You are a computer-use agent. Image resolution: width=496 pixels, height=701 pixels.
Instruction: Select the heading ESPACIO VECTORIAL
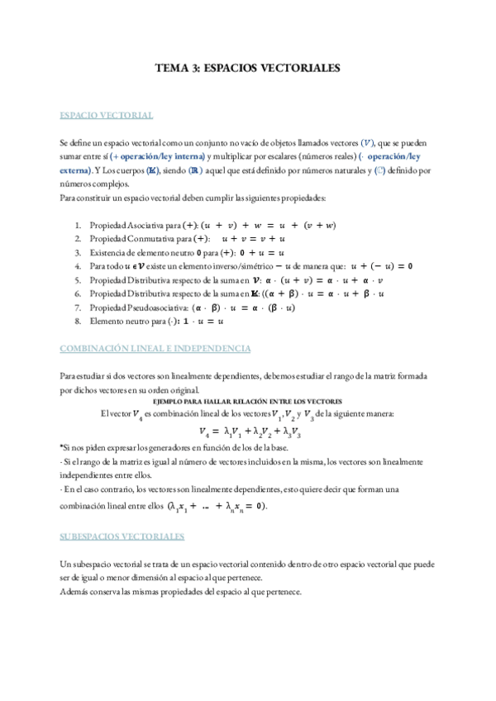click(107, 115)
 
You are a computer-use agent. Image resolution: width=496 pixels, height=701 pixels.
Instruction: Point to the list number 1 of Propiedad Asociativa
click(77, 225)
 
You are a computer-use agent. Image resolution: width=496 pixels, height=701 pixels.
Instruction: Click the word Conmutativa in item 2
click(149, 238)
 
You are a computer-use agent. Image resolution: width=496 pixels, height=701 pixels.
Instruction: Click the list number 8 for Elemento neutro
click(77, 321)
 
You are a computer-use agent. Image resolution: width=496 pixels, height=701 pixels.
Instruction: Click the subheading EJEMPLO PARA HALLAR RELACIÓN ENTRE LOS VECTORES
click(248, 400)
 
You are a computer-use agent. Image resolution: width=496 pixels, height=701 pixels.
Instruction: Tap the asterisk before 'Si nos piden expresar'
click(62, 446)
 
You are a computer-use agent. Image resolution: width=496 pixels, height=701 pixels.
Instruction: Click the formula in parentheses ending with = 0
click(217, 506)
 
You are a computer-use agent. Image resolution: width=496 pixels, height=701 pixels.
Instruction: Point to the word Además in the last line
click(75, 592)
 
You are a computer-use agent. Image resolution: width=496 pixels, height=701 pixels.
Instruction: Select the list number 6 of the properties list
click(77, 293)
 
